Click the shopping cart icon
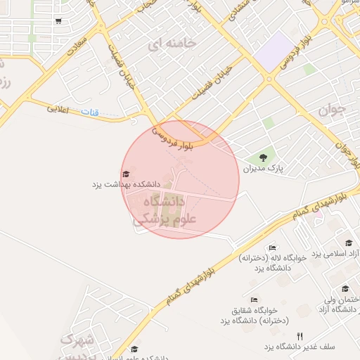pos(58,21)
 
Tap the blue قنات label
pos(90,112)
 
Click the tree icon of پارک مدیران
pos(263,157)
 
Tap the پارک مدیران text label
pos(262,169)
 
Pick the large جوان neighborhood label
pos(332,109)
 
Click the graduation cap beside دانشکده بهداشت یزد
pos(126,174)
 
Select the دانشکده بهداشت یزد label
pos(127,184)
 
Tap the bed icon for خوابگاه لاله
pos(273,247)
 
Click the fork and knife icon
pos(300,336)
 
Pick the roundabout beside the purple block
pos(269,79)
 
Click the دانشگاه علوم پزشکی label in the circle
pos(160,210)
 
